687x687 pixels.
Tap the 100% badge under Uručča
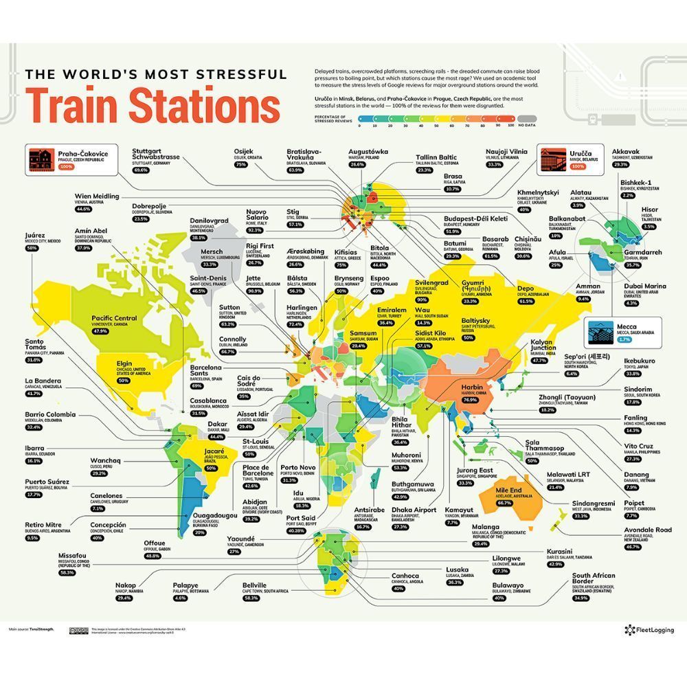578,167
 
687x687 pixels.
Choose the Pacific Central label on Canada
115,318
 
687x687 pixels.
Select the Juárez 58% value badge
32,248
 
